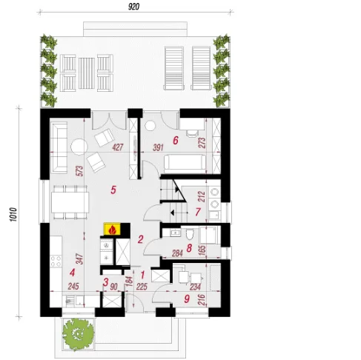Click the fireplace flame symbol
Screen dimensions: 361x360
coord(113,229)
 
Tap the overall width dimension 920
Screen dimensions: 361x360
coord(133,7)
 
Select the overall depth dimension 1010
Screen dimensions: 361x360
coord(13,214)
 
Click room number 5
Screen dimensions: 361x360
coord(113,190)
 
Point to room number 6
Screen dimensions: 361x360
coord(176,141)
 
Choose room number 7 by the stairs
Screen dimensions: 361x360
coord(198,212)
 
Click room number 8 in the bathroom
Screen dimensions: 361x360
coord(189,248)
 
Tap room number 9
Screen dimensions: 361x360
coord(187,299)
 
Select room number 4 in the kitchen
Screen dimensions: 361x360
coord(72,273)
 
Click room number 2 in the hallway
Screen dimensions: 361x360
coord(140,239)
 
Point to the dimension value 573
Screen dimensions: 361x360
coord(80,170)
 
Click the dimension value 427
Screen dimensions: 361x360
coord(118,147)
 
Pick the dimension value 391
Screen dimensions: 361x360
coord(158,147)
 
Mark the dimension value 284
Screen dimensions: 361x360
coord(177,253)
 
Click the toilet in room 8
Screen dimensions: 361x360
coord(190,234)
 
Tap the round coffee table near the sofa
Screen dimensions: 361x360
coord(79,147)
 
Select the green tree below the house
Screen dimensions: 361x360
coord(78,334)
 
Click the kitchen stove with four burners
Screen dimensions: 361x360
coord(56,261)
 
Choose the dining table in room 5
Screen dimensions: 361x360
coord(70,202)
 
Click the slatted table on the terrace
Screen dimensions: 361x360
coord(87,73)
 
